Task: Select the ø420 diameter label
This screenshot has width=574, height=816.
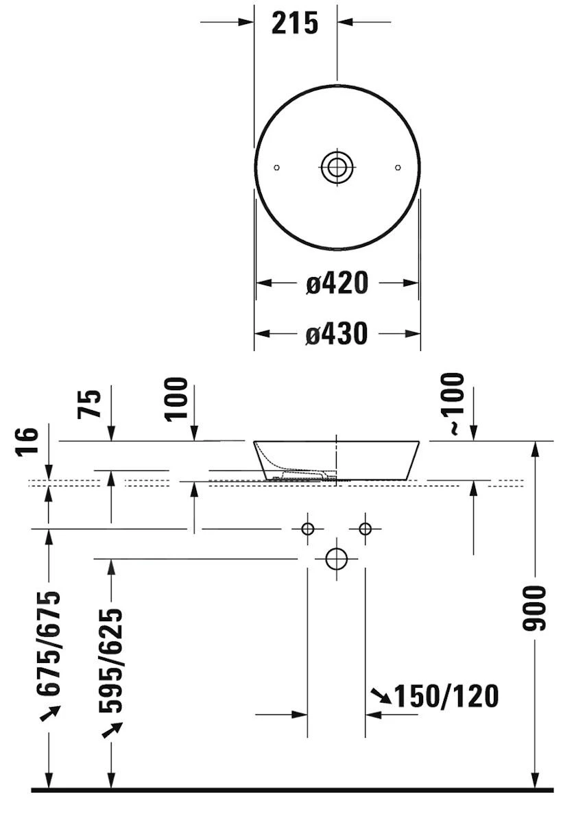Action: click(x=337, y=283)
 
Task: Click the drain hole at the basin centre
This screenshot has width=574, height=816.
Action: click(x=337, y=167)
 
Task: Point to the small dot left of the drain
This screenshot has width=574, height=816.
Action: click(x=276, y=167)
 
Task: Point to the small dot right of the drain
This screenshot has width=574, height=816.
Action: click(x=398, y=167)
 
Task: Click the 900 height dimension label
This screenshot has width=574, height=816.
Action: click(x=534, y=608)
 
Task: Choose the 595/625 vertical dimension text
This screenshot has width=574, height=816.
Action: click(x=111, y=659)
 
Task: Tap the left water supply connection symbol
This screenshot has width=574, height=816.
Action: click(x=307, y=529)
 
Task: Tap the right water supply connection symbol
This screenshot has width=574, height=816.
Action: click(x=365, y=529)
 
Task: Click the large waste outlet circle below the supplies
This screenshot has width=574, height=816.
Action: click(x=337, y=559)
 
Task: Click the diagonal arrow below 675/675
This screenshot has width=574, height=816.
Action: click(x=50, y=715)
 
